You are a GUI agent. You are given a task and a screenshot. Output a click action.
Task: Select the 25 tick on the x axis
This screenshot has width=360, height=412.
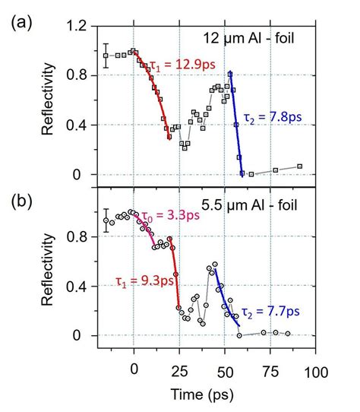178,373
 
